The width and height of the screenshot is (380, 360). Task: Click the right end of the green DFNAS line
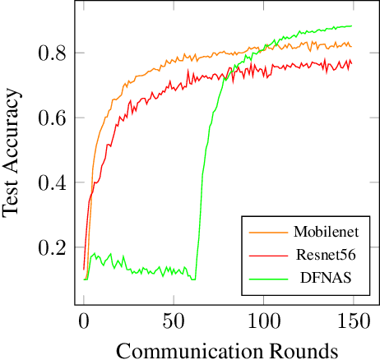pos(351,26)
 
